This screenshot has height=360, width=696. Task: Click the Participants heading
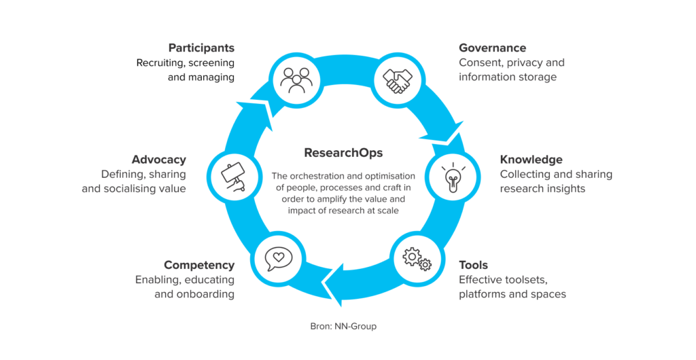point(201,48)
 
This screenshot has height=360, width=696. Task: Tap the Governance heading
point(492,48)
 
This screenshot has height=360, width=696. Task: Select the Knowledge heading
point(531,160)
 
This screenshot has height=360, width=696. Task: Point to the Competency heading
point(198,265)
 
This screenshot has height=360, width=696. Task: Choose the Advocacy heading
point(159,160)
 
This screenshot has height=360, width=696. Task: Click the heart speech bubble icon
point(278,258)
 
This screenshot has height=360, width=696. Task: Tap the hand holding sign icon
point(233,177)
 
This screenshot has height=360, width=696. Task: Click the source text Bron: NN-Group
point(343,326)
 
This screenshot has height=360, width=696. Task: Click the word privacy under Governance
point(522,62)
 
